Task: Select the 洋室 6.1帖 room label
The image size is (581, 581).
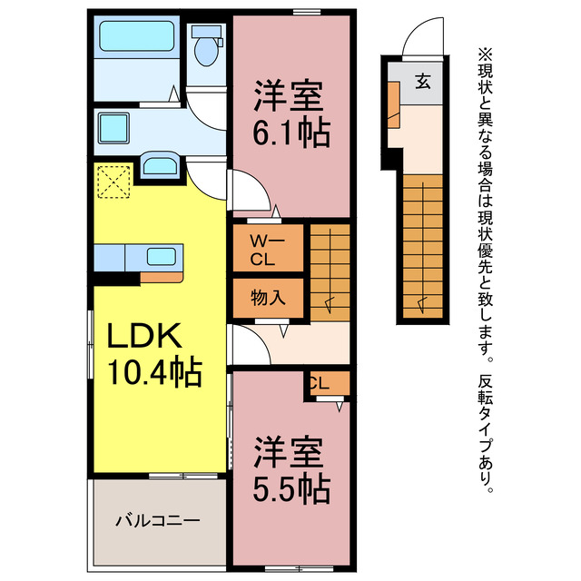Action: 290,114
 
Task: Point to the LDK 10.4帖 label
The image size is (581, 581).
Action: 154,354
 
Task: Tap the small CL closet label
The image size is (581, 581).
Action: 318,383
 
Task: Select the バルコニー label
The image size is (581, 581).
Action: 156,522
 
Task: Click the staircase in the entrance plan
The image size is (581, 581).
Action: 422,245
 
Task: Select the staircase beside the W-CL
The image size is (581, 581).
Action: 331,269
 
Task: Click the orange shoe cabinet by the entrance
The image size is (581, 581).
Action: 394,101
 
